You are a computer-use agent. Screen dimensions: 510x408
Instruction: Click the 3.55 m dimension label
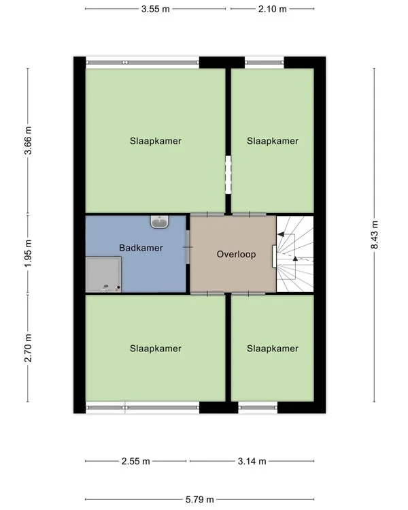156,9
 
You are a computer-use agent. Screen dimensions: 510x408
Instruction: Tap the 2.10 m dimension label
273,9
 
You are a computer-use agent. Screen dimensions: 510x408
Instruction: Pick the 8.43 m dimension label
374,235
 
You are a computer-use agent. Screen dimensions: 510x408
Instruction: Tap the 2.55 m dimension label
136,461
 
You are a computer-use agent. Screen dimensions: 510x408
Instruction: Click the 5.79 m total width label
200,499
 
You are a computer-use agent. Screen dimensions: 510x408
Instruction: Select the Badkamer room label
141,248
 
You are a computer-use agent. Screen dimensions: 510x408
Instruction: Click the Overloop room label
236,254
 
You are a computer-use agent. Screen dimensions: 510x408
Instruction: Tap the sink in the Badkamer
160,221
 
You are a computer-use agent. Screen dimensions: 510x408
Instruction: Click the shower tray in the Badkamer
104,274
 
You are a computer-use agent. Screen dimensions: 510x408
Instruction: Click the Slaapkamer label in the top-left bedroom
156,142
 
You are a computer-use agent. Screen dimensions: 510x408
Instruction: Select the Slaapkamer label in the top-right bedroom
273,142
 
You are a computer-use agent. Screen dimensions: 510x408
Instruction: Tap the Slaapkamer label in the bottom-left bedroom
156,349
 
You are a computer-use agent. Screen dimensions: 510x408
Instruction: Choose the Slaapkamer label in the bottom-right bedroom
273,349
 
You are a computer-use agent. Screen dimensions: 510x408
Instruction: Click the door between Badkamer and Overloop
188,249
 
